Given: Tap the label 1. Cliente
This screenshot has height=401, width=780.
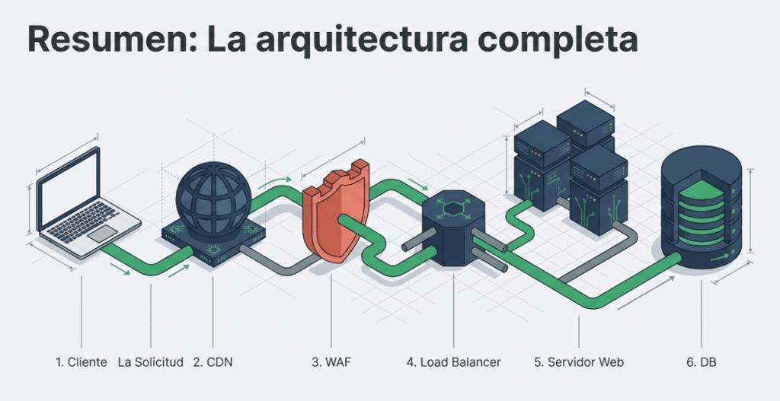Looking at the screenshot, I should tap(81, 362).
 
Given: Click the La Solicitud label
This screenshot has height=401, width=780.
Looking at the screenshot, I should tap(151, 362).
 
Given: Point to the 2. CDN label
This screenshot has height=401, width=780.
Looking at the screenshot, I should tap(213, 362).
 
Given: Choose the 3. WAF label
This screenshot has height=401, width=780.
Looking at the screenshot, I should tap(331, 362).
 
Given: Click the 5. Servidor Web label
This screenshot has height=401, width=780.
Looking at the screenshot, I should tap(578, 362).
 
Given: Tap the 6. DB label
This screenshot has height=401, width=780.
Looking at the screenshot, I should tap(701, 362).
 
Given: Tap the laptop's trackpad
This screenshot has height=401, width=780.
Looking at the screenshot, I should tap(102, 233).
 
